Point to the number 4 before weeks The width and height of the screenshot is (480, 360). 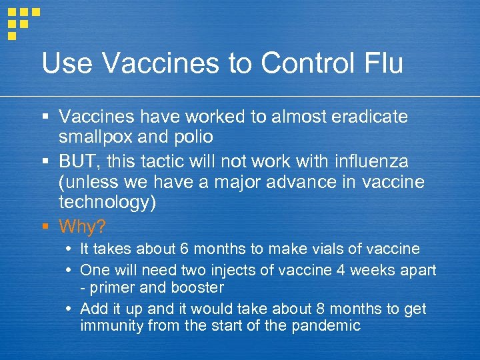pyautogui.click(x=351, y=270)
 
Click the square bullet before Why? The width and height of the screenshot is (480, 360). pyautogui.click(x=45, y=227)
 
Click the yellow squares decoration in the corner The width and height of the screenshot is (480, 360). pyautogui.click(x=22, y=22)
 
